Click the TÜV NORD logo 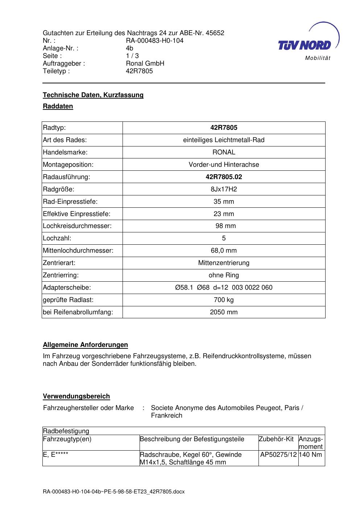305,45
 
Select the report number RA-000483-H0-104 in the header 154,41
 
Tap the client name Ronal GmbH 145,63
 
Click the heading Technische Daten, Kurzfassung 93,95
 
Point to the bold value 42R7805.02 224,177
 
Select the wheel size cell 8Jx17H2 224,189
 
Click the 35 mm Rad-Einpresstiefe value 224,202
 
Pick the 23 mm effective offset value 224,214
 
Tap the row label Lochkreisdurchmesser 77,226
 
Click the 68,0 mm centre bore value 224,251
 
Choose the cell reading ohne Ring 224,275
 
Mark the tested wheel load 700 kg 224,300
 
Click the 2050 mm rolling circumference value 224,312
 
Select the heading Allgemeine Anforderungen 85,345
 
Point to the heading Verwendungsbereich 76,396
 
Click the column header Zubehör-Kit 276,439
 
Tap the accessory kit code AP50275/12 278,455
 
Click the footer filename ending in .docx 113,492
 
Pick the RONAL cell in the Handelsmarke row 224,152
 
